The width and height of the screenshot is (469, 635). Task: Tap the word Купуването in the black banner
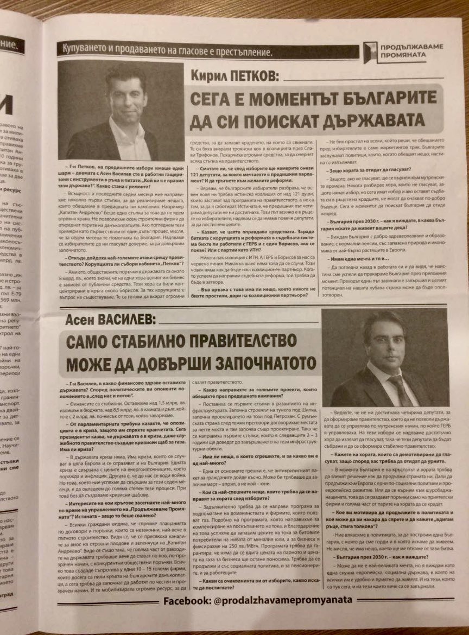pos(89,53)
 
